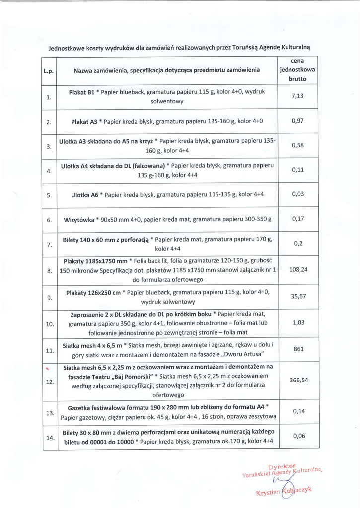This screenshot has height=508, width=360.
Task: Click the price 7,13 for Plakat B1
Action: point(298,96)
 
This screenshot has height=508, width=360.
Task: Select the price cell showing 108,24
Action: point(298,270)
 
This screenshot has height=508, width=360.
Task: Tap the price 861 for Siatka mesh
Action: point(298,349)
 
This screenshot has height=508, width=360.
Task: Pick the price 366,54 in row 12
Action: point(298,380)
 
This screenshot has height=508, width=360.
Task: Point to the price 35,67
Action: point(298,296)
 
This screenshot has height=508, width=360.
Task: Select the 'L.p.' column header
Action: point(49,71)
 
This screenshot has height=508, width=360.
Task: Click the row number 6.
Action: point(49,219)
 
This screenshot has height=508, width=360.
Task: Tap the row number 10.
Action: point(50,324)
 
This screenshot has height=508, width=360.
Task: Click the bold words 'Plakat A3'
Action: point(84,121)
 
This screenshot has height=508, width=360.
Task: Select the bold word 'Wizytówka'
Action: point(79,219)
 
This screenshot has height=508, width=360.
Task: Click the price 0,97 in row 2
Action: point(298,121)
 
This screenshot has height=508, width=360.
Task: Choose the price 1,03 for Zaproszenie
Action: point(298,323)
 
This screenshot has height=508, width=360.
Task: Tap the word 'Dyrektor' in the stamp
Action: point(281,467)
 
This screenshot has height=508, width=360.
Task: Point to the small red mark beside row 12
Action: point(47,369)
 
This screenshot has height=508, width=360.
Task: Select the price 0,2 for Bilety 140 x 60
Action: point(298,244)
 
